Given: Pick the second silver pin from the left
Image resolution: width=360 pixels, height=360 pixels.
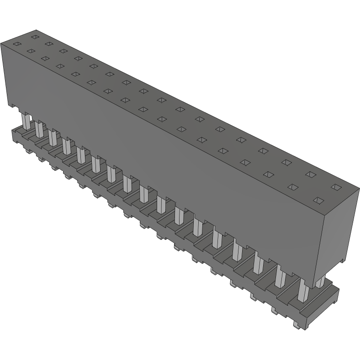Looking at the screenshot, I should coord(40,129).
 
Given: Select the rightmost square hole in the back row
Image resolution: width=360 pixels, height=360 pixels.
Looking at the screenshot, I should coord(336,187).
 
